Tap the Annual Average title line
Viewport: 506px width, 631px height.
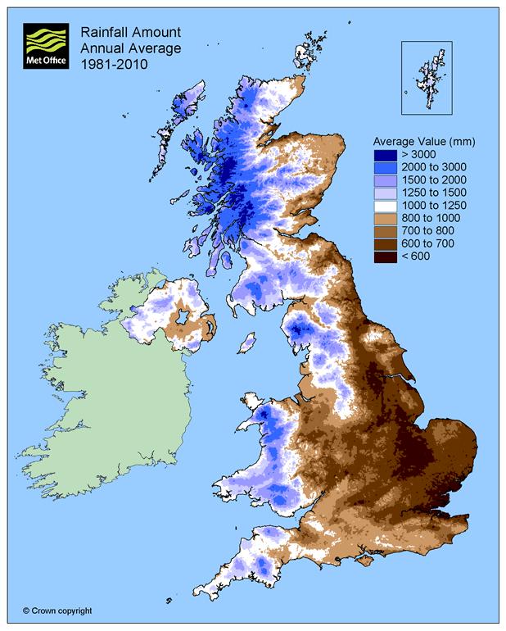(x=122, y=48)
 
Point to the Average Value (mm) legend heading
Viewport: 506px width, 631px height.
(x=423, y=141)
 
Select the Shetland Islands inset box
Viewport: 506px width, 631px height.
(x=427, y=78)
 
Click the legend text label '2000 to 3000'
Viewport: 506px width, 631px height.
(x=431, y=167)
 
